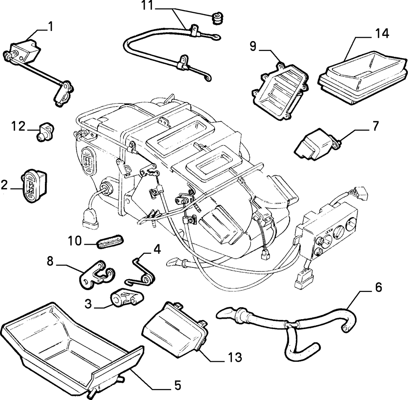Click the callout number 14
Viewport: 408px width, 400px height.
(382, 34)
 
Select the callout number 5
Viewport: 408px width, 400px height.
(177, 385)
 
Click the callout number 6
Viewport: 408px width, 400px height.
(378, 287)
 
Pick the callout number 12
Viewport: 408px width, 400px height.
(18, 127)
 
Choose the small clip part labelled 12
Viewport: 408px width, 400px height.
(45, 132)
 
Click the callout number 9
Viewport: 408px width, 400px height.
(253, 46)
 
